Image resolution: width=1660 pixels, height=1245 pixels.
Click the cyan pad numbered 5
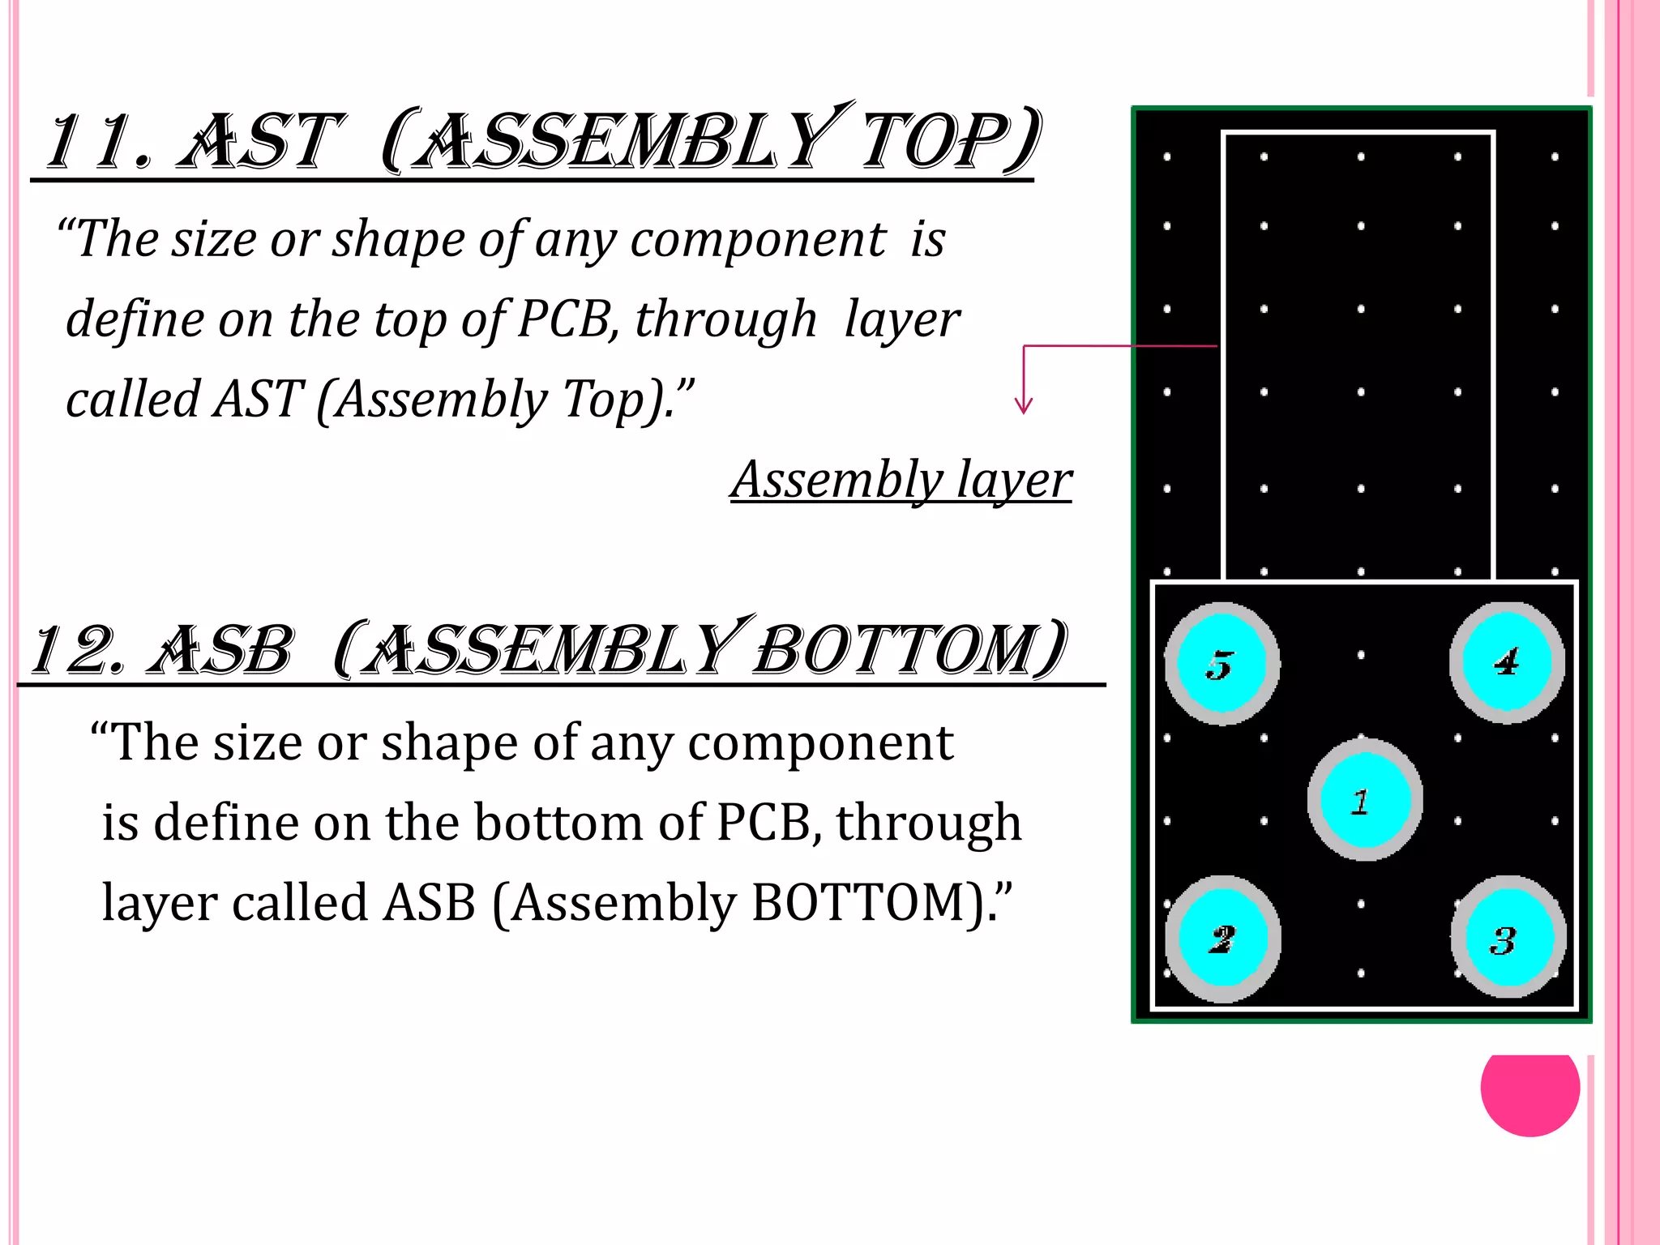[1221, 663]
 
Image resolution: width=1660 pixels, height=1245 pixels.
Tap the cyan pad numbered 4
[1507, 661]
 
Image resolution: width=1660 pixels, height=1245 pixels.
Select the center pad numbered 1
[1364, 800]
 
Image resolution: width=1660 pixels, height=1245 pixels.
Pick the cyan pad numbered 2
[1222, 939]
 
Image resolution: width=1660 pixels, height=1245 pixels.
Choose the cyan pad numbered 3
[1508, 940]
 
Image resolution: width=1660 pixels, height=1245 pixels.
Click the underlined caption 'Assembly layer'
[901, 480]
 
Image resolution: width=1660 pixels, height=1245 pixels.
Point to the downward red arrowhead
[1024, 405]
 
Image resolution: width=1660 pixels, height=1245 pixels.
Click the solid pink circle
[1530, 1089]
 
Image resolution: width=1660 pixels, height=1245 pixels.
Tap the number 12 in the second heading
[78, 650]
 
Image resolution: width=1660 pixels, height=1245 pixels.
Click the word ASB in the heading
[220, 650]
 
